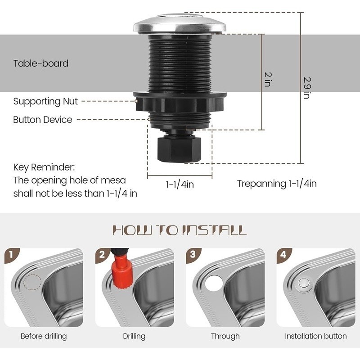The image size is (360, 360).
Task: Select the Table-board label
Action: pos(41,63)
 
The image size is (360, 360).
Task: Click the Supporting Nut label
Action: pos(45,101)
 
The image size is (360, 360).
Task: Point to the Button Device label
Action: pos(42,120)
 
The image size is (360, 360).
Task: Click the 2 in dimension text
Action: pos(267,79)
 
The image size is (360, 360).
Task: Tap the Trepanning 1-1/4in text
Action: pos(277,184)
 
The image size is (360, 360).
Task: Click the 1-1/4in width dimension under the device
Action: pos(180,184)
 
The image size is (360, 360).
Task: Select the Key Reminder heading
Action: pos(44,167)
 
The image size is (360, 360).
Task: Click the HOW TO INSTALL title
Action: pos(180,230)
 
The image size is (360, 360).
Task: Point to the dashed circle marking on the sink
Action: pos(32,283)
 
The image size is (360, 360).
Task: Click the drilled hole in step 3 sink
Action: pos(213,284)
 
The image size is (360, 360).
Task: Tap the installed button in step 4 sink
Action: pos(304,284)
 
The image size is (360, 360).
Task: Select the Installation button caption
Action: pos(315,336)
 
